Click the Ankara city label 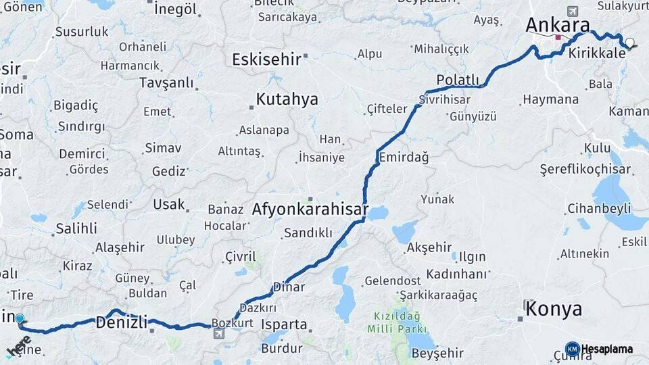[x=558, y=25]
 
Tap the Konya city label [x=553, y=310]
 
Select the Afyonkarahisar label [x=310, y=209]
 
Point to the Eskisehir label [x=266, y=59]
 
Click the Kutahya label [x=287, y=99]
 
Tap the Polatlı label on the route [x=458, y=80]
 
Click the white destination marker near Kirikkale [x=630, y=43]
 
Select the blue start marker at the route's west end [x=20, y=319]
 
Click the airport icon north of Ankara [x=573, y=11]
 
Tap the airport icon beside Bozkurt [x=218, y=333]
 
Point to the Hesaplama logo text [x=607, y=349]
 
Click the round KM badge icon [x=572, y=349]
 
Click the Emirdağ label [x=404, y=157]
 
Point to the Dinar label [x=289, y=287]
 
